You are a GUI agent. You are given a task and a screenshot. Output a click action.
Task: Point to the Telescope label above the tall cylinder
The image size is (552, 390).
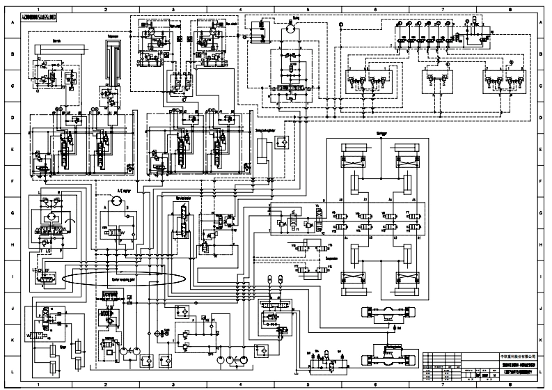[113, 34]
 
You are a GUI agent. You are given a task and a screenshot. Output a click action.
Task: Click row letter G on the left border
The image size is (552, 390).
[12, 212]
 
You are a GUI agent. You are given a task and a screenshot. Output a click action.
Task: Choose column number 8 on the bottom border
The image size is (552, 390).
[510, 384]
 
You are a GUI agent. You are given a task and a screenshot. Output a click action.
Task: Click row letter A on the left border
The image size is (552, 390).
[12, 24]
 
